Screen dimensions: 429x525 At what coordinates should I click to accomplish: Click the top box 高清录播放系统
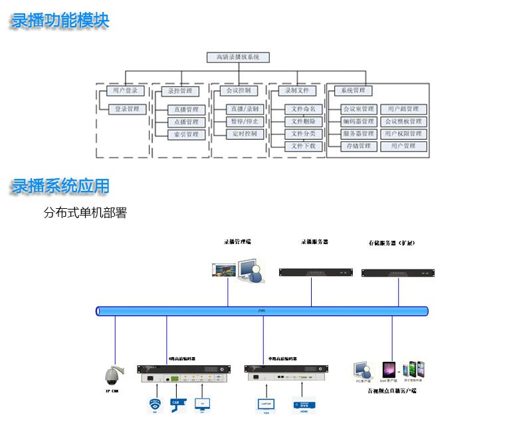click(238, 58)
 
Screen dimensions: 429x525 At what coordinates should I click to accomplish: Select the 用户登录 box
click(125, 90)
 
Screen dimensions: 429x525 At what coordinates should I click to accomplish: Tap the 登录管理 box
click(127, 109)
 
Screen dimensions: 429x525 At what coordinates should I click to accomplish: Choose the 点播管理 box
click(186, 122)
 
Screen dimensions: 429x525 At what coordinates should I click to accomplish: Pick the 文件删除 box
click(304, 121)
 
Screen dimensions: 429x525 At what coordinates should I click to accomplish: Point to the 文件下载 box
click(304, 146)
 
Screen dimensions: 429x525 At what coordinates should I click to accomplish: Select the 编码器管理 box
click(358, 121)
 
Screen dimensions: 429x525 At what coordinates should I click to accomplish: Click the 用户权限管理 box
click(403, 133)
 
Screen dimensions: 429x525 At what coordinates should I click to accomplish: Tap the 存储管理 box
click(358, 146)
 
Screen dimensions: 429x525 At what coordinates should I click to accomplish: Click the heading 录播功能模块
click(60, 21)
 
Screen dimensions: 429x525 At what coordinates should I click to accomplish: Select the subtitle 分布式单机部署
click(85, 214)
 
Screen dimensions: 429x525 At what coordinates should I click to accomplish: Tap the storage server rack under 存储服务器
click(397, 272)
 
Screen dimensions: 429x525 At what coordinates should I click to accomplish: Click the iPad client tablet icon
click(388, 370)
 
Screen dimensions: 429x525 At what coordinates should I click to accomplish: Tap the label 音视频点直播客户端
click(392, 391)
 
